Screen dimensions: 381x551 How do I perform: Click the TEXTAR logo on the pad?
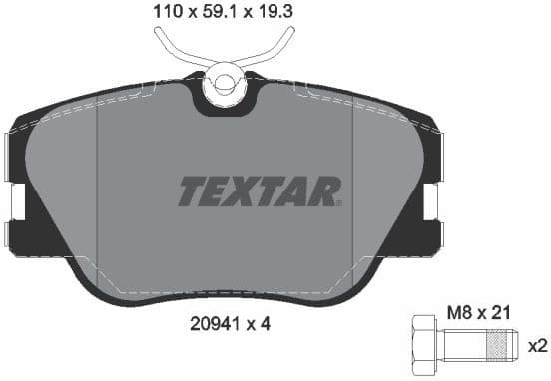pyautogui.click(x=260, y=190)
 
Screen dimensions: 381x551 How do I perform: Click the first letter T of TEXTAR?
pyautogui.click(x=193, y=190)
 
